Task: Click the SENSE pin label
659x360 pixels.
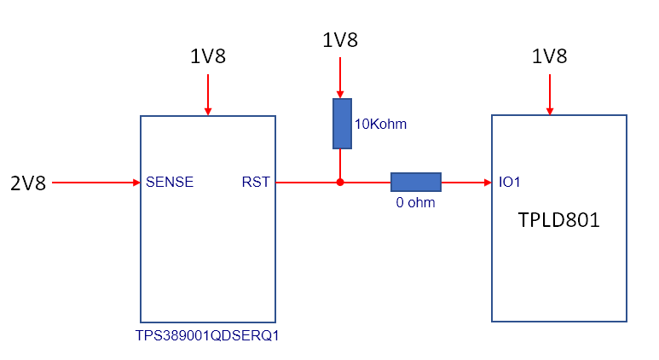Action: pyautogui.click(x=170, y=182)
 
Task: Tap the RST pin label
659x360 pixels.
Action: pyautogui.click(x=256, y=182)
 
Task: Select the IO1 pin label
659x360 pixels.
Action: pyautogui.click(x=509, y=182)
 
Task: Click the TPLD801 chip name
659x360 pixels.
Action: pyautogui.click(x=558, y=220)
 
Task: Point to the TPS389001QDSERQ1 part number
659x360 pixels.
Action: pyautogui.click(x=207, y=335)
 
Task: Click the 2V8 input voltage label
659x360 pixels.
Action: pyautogui.click(x=28, y=183)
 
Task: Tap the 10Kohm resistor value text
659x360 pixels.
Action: pyautogui.click(x=380, y=124)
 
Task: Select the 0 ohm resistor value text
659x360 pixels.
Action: pyautogui.click(x=415, y=202)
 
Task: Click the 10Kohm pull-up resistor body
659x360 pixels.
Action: pyautogui.click(x=342, y=124)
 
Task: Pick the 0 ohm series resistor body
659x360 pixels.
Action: pyautogui.click(x=416, y=182)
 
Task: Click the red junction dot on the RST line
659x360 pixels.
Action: pyautogui.click(x=340, y=183)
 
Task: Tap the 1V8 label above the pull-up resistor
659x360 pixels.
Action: pyautogui.click(x=340, y=40)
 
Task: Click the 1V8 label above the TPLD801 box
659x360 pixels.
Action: pyautogui.click(x=549, y=56)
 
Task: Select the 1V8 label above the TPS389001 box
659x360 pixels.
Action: pyautogui.click(x=208, y=56)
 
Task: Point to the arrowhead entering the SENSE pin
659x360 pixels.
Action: pyautogui.click(x=136, y=183)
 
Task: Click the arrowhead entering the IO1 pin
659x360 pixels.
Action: pyautogui.click(x=488, y=183)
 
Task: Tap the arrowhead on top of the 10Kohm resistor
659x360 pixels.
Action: pyautogui.click(x=340, y=95)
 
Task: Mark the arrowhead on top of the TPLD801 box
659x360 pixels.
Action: pyautogui.click(x=550, y=111)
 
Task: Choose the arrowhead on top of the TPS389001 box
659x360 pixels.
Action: pyautogui.click(x=208, y=112)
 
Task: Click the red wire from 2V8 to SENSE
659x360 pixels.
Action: pyautogui.click(x=95, y=183)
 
